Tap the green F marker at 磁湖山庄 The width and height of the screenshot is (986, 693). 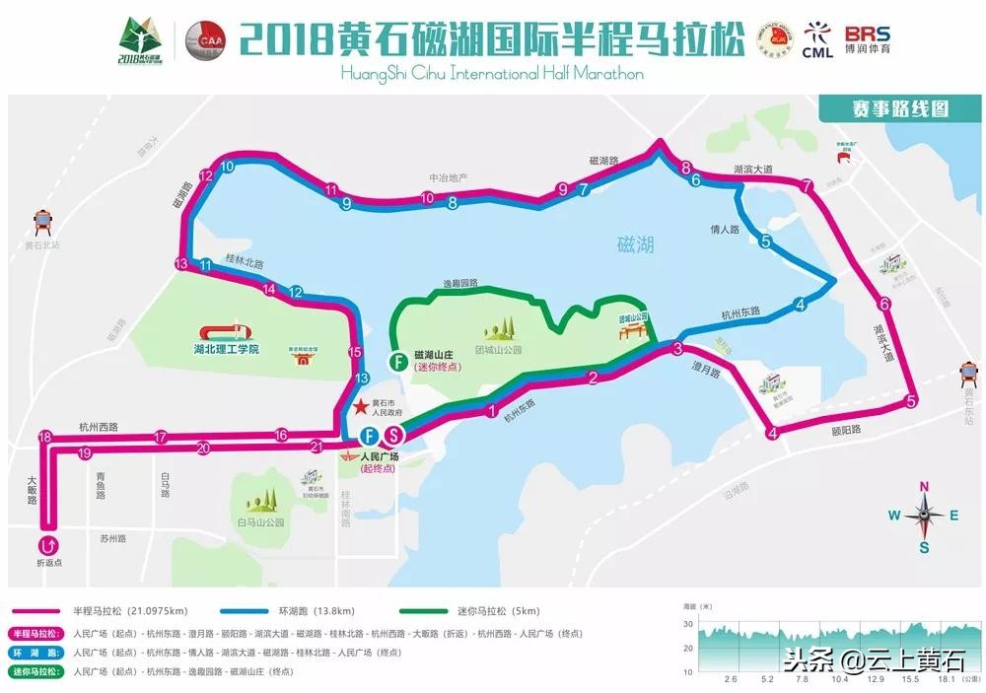[x=396, y=360]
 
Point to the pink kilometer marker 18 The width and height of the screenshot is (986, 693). [x=44, y=437]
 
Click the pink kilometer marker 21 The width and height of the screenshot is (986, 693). [x=317, y=447]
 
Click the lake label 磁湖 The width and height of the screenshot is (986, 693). [x=635, y=244]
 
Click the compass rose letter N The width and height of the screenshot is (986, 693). [x=924, y=487]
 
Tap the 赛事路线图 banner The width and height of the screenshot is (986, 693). [x=886, y=107]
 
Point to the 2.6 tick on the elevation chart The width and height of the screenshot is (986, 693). [x=731, y=679]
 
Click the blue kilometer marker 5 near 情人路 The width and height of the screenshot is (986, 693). [x=766, y=241]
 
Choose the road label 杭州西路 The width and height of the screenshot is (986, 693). [x=99, y=427]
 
